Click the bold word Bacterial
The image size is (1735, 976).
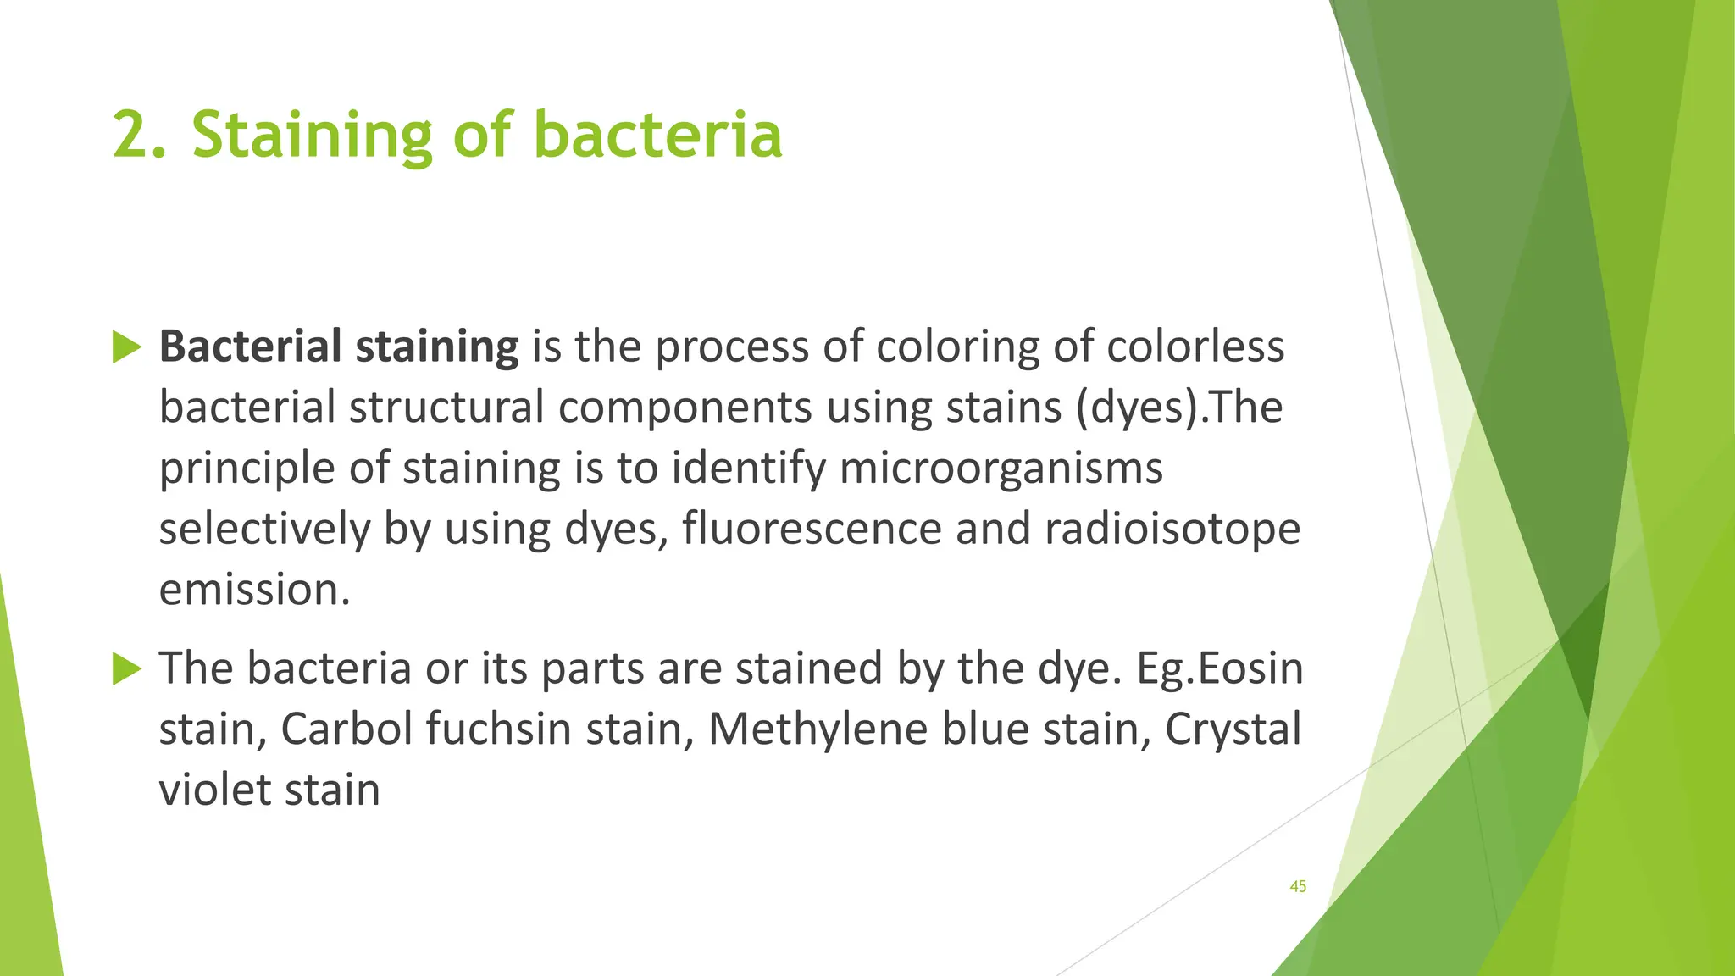point(250,347)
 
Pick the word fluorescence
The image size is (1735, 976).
point(812,530)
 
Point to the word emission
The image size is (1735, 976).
point(254,590)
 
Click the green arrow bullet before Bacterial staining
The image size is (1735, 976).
point(126,347)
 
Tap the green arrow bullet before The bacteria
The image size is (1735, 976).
point(126,669)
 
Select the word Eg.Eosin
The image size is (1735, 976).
point(1219,668)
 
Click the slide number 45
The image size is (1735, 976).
point(1297,886)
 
